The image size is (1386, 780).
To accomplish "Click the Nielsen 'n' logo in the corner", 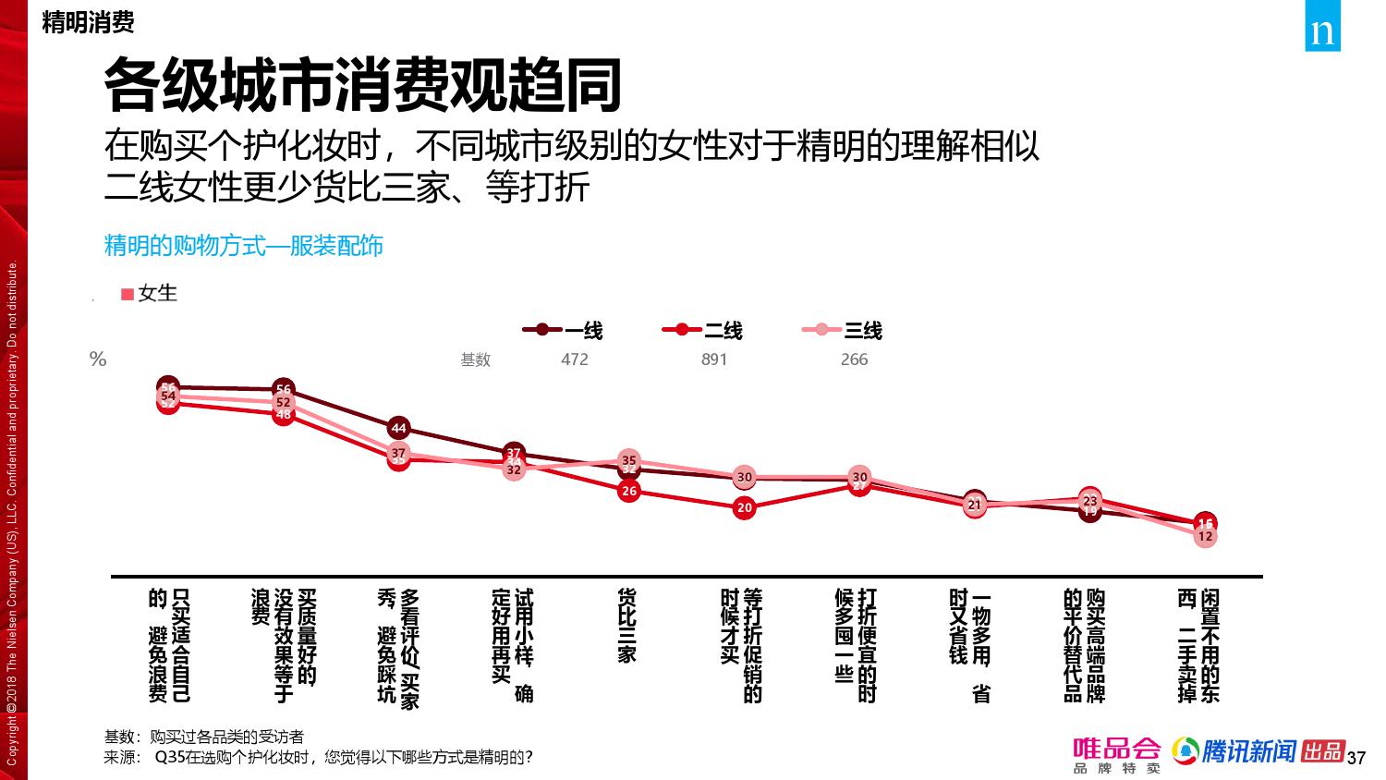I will (x=1323, y=32).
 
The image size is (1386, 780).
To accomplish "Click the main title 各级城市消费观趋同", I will (x=362, y=86).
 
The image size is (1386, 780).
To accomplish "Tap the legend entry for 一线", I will (x=563, y=330).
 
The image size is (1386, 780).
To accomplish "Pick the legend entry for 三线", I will (x=842, y=330).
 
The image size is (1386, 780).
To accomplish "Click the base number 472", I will (x=575, y=360).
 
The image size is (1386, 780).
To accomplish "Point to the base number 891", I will (x=714, y=360).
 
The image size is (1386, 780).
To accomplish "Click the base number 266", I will (x=854, y=360).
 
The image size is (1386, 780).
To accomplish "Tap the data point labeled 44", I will (x=398, y=429).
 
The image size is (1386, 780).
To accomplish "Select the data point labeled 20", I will (x=745, y=507).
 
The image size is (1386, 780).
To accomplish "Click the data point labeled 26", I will (x=629, y=491).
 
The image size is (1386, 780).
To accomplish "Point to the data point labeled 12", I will (x=1205, y=536).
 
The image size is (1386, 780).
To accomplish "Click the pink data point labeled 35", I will (x=629, y=460).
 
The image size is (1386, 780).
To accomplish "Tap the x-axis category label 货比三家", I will (x=626, y=626).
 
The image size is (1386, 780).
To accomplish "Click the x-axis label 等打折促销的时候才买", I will (x=742, y=638).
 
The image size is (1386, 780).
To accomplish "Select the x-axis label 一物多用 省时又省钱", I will (x=970, y=642).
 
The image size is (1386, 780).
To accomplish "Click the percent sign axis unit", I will (x=98, y=360).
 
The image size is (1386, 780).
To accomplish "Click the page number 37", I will (x=1356, y=759).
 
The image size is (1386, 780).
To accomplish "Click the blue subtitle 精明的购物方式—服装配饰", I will (x=244, y=246).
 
